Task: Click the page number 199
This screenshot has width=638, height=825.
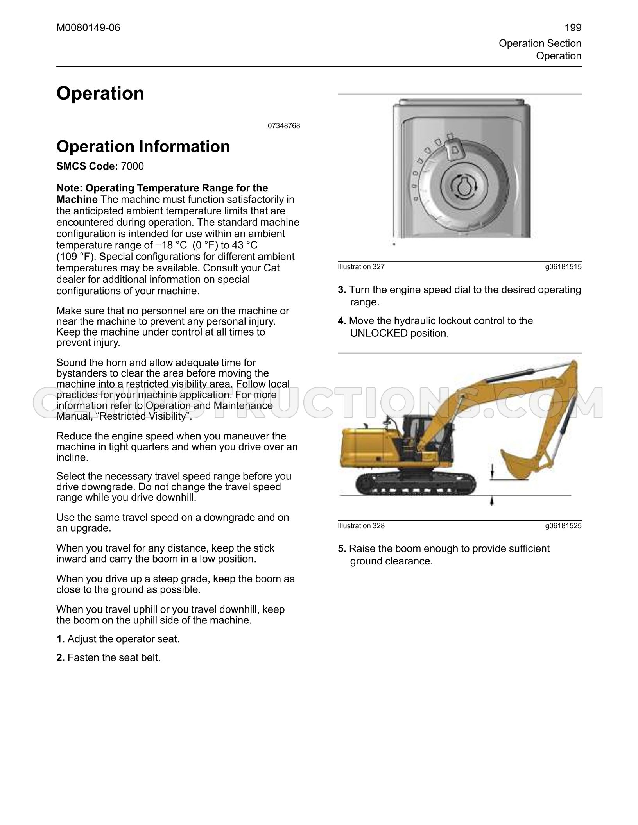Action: (573, 28)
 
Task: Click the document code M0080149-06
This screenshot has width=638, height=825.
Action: (88, 28)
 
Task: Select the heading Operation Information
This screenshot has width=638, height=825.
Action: (143, 146)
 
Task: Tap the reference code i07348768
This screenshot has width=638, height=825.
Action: (283, 126)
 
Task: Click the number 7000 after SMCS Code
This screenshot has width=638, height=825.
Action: (133, 166)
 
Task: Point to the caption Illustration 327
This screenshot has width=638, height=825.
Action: (361, 267)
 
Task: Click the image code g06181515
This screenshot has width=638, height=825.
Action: (563, 267)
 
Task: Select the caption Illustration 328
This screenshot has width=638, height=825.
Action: (361, 526)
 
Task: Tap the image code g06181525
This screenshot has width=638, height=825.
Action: (563, 526)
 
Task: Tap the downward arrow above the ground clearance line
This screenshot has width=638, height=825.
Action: (492, 470)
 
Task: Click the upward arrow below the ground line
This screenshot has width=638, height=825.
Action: (492, 501)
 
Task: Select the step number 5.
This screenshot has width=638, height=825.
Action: (342, 548)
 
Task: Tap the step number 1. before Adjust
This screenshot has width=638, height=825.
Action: (61, 639)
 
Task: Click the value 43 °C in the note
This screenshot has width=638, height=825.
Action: (245, 245)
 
